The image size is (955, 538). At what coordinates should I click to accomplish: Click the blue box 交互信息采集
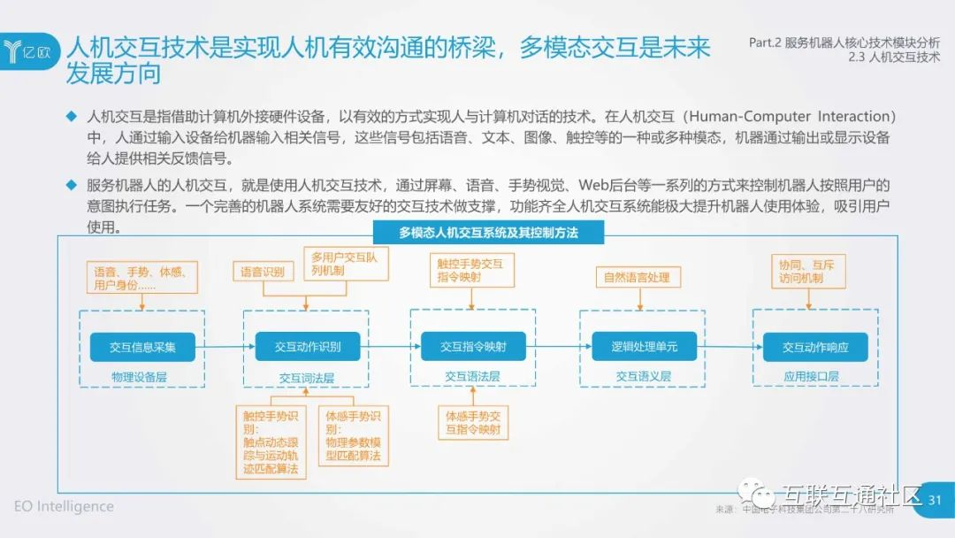[x=142, y=348]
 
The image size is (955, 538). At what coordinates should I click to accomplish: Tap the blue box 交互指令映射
[x=472, y=348]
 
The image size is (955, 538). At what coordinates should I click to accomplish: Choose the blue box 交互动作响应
[x=814, y=348]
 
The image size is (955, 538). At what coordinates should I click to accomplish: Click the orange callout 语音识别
[x=263, y=272]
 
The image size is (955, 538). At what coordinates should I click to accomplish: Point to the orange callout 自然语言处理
[x=637, y=277]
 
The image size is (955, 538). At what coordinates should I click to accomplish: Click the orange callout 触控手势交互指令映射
[x=470, y=270]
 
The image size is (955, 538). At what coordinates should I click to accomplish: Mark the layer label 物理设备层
[x=139, y=377]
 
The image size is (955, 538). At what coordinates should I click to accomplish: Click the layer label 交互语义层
[x=643, y=377]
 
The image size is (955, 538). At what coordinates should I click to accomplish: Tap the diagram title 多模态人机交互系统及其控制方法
[x=488, y=233]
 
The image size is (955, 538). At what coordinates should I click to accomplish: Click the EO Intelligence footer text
[x=64, y=506]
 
